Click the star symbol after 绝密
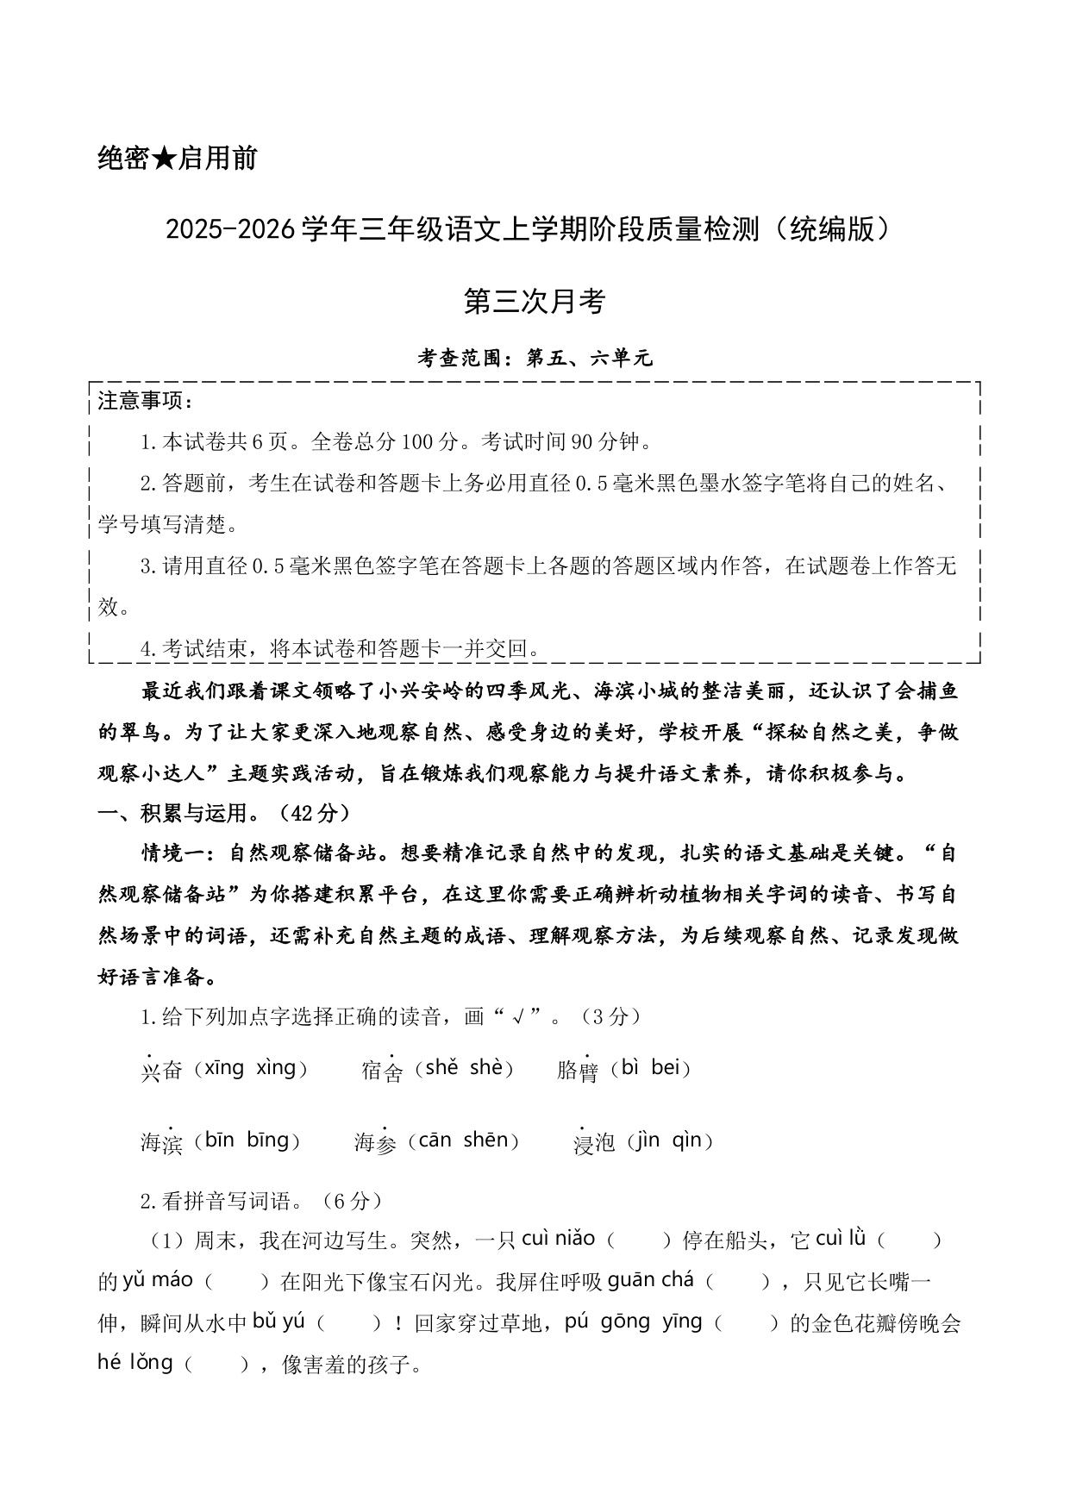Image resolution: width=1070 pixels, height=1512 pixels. coord(162,159)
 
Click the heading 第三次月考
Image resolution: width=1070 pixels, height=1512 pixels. coord(535,301)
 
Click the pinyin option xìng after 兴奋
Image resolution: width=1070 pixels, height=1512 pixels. coord(276,1068)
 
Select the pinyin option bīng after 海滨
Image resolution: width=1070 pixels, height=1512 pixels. coord(267,1140)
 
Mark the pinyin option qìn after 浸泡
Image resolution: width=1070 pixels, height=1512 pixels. coord(687,1140)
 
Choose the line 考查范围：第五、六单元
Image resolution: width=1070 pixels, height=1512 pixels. coord(535,358)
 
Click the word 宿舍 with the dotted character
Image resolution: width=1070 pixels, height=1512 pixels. coord(382,1071)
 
